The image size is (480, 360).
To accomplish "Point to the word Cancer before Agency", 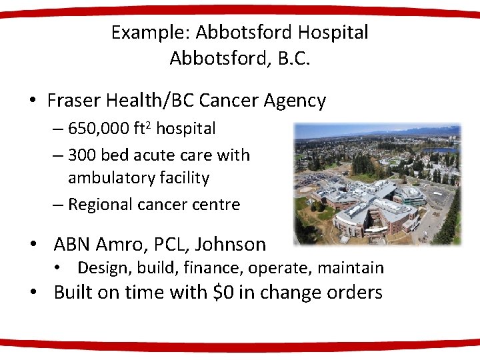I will coord(227,101).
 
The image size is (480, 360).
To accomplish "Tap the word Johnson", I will coord(235,244).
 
